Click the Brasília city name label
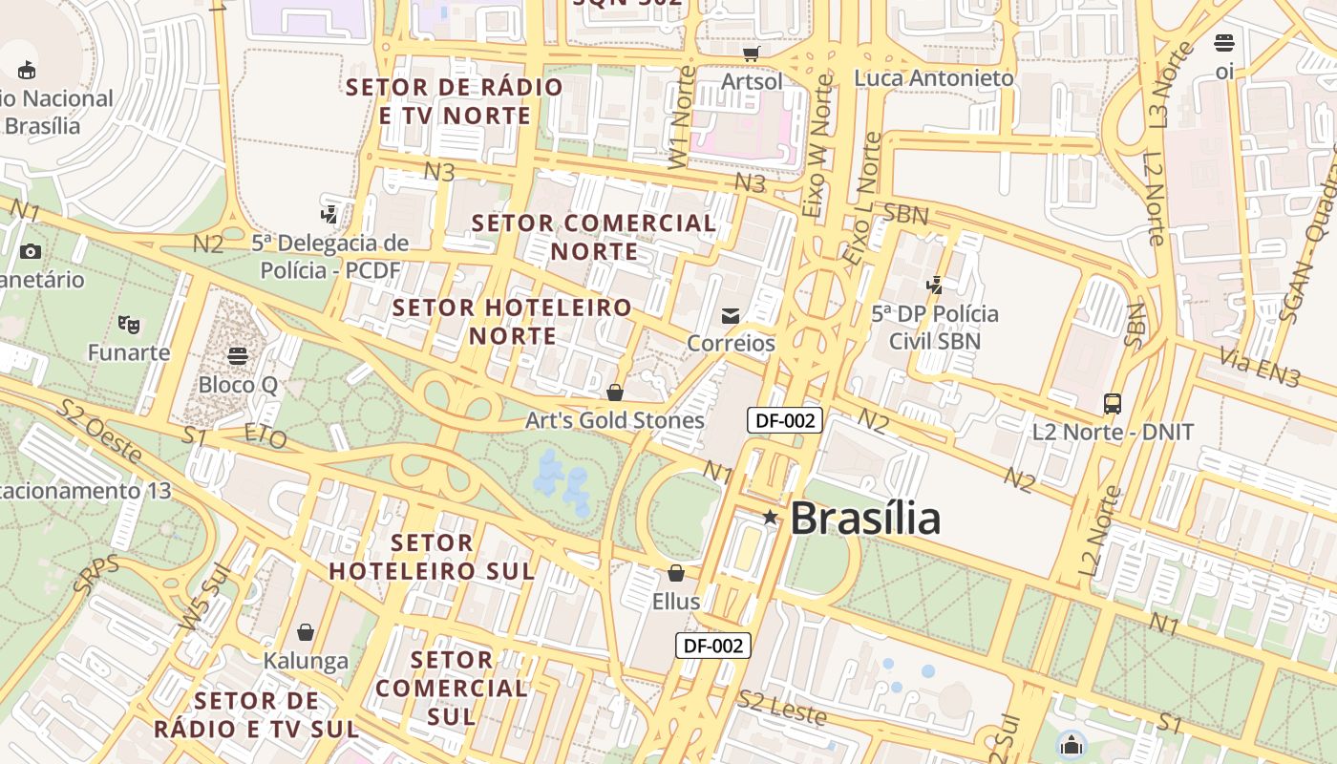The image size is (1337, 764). point(864,519)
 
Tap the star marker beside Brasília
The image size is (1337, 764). point(770,518)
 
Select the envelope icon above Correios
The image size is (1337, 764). point(731,316)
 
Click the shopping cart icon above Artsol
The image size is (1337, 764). point(752,53)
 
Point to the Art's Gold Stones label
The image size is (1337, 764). point(615,420)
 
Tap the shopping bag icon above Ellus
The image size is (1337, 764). point(676,574)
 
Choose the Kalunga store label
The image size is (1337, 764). point(306,661)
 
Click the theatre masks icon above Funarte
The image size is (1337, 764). point(129,325)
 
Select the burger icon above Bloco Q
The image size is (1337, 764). point(238,356)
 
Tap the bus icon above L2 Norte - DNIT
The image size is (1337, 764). point(1113,404)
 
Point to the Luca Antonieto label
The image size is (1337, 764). point(934,78)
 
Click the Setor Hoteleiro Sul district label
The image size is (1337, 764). point(432,557)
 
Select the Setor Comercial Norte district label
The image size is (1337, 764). point(594,237)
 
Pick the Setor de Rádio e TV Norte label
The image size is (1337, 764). point(455,101)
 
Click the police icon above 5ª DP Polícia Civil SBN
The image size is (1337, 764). point(935,286)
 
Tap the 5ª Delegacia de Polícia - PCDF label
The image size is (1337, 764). point(330,257)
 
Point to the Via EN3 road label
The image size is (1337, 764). point(1260,369)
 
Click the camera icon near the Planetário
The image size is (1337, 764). point(31,252)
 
